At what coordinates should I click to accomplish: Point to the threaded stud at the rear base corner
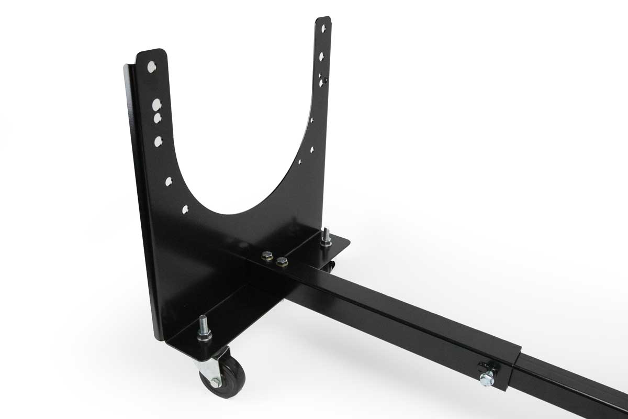click(326, 235)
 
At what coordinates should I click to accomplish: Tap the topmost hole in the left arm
click(151, 67)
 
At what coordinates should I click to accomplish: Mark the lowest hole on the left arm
click(185, 210)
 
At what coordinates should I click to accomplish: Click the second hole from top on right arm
click(322, 55)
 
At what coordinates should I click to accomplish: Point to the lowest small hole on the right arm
click(300, 162)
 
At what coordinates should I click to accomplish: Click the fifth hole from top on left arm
click(169, 181)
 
